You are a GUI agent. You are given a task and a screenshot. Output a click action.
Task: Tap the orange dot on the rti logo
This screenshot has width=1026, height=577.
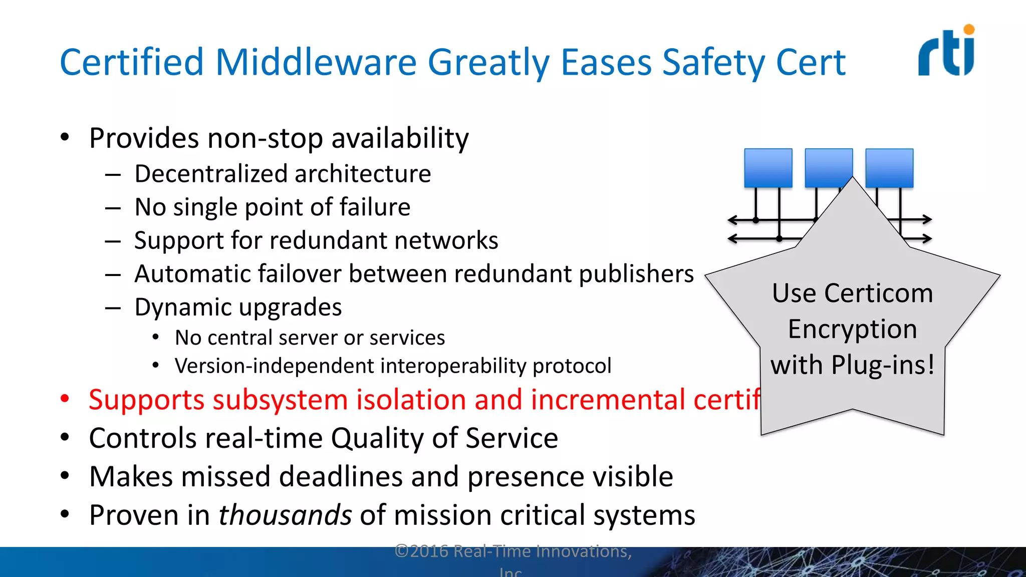[x=969, y=30]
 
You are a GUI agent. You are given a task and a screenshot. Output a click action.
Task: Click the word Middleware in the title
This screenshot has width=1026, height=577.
[x=316, y=63]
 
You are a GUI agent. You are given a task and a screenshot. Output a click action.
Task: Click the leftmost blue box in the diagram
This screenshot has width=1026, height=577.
[x=768, y=168]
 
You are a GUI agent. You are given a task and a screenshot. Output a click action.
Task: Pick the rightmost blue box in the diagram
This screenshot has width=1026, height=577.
[x=889, y=168]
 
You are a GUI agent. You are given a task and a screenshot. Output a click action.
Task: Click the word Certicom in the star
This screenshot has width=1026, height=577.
[x=879, y=293]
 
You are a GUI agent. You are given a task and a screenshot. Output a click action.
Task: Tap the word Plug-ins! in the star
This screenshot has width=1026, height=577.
[x=883, y=365]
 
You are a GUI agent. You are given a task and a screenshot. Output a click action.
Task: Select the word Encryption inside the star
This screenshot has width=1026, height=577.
[x=852, y=330]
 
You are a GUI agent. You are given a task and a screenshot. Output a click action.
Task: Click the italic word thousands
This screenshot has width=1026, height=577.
[x=285, y=515]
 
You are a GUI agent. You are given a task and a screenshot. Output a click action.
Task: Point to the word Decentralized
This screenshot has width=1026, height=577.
[x=210, y=174]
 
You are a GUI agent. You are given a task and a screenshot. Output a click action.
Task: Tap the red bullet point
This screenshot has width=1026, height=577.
[x=65, y=399]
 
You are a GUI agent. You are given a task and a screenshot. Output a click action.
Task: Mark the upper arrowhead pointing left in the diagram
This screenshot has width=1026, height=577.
[x=732, y=220]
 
